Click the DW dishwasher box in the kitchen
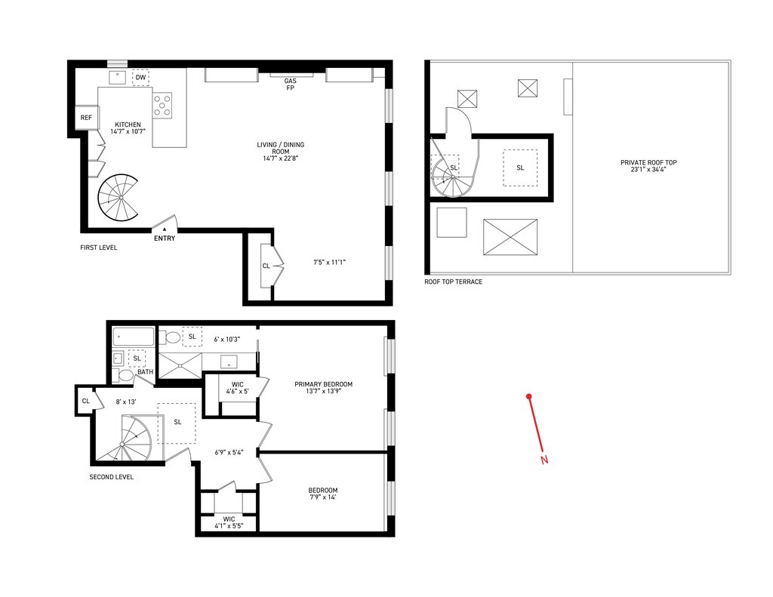click(x=141, y=78)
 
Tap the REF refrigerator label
click(x=86, y=118)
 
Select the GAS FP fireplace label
click(x=290, y=85)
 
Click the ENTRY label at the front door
click(x=165, y=238)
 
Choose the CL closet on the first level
click(x=266, y=266)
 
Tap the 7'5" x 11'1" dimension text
click(x=329, y=263)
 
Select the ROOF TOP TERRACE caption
click(x=453, y=282)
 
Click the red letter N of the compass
click(x=544, y=460)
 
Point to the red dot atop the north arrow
click(x=529, y=396)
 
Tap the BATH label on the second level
click(x=145, y=371)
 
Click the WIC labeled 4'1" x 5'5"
click(x=229, y=522)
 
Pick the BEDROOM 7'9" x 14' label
click(x=323, y=493)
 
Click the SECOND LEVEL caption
click(x=112, y=477)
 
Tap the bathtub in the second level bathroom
click(x=134, y=337)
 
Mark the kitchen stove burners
click(x=162, y=105)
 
